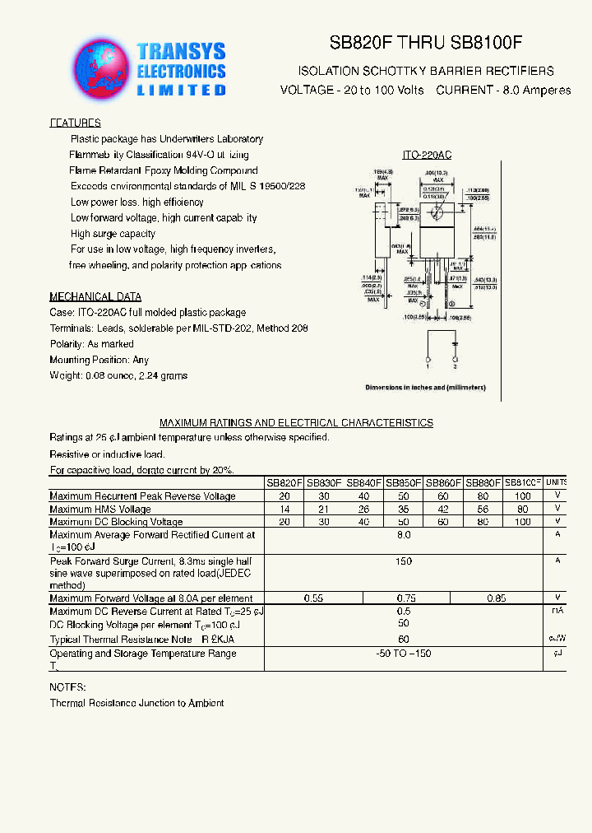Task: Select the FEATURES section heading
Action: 75,123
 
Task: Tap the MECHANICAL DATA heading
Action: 95,296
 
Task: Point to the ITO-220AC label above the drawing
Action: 427,155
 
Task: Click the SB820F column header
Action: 284,483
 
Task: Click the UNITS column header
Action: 557,483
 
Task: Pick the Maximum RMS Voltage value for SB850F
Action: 404,510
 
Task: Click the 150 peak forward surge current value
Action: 404,561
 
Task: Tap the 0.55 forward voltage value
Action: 313,598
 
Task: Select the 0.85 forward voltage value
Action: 496,598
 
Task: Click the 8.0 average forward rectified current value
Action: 404,535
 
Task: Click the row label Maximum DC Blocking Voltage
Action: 116,522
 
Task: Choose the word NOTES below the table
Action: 67,687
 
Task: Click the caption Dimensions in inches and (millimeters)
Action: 425,387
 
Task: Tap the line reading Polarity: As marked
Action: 91,344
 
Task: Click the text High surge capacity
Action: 113,234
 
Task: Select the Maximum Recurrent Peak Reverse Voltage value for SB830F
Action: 325,496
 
